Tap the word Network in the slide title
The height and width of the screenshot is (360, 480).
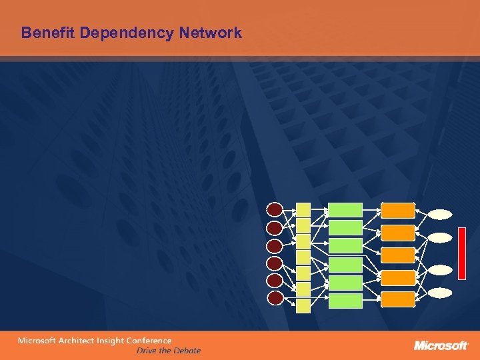[x=211, y=32]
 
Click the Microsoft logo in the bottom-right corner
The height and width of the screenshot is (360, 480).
[x=441, y=345]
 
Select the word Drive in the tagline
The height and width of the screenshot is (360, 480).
[x=148, y=350]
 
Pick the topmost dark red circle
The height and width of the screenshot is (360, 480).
[x=274, y=209]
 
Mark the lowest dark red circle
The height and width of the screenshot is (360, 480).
[x=274, y=298]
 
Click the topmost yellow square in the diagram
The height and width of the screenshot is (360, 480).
[x=303, y=209]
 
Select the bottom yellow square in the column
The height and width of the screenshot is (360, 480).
[x=303, y=305]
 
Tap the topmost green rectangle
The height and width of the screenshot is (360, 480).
[x=345, y=210]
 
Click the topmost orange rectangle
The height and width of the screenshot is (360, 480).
[x=398, y=210]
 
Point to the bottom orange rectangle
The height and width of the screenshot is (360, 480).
[x=398, y=299]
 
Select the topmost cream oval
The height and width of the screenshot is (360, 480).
[x=440, y=214]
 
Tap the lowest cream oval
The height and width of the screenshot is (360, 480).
[x=440, y=293]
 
